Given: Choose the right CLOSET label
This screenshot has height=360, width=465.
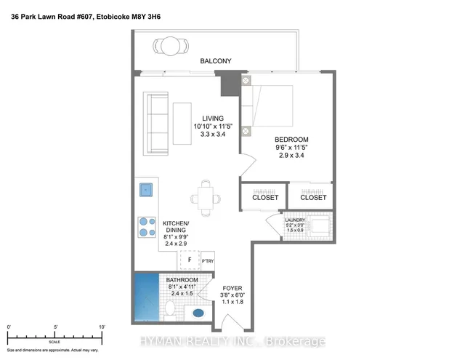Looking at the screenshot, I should click(x=313, y=197).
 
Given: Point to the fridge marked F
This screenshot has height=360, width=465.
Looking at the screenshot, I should click(x=189, y=260).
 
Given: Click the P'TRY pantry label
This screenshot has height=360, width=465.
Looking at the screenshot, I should click(x=207, y=260).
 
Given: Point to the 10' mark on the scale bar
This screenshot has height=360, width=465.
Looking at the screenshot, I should click(x=101, y=328).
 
